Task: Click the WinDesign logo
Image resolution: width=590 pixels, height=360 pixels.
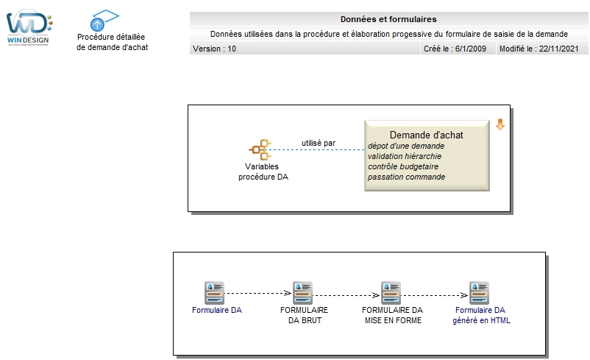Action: (x=29, y=27)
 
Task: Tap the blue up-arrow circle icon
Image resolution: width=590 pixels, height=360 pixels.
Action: (x=97, y=25)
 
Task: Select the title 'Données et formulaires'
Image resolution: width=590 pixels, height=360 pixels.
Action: (x=388, y=19)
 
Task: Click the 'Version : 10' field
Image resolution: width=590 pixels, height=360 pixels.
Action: (x=214, y=49)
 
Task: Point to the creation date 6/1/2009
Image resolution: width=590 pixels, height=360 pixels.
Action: (x=470, y=49)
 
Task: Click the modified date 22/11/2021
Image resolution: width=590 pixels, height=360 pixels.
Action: (x=558, y=49)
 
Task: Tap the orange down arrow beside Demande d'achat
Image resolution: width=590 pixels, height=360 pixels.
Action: (x=500, y=124)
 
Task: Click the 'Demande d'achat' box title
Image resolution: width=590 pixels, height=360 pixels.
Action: (x=427, y=135)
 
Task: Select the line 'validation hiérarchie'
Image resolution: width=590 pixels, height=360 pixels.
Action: (x=405, y=156)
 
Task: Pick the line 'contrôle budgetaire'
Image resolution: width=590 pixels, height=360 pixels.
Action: (x=403, y=166)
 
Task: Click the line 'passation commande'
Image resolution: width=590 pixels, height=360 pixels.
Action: (x=406, y=177)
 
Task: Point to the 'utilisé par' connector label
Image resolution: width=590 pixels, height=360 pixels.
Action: (x=319, y=143)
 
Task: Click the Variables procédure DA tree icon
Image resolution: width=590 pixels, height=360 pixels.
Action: (x=260, y=149)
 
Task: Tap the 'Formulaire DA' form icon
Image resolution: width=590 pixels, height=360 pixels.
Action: (x=215, y=293)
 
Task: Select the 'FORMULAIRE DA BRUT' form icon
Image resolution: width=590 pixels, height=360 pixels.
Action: (x=303, y=293)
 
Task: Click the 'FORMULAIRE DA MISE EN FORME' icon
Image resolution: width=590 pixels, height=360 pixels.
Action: (x=391, y=293)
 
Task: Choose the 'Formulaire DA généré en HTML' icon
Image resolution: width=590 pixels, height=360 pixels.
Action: (x=480, y=293)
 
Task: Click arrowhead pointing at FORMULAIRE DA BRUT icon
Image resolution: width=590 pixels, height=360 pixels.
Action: (x=288, y=293)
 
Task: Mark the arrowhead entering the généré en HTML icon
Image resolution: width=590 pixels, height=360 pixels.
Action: (x=464, y=295)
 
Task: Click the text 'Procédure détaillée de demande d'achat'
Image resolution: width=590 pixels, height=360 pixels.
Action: (x=112, y=42)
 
